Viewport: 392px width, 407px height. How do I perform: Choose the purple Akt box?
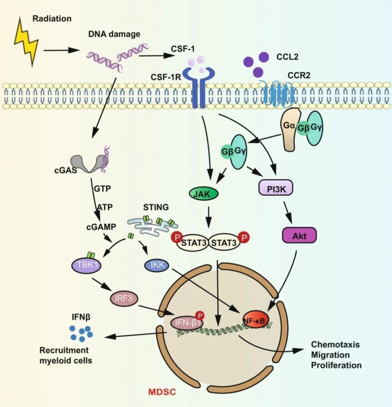[298, 235]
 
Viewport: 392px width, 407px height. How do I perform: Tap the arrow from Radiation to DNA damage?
[61, 50]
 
